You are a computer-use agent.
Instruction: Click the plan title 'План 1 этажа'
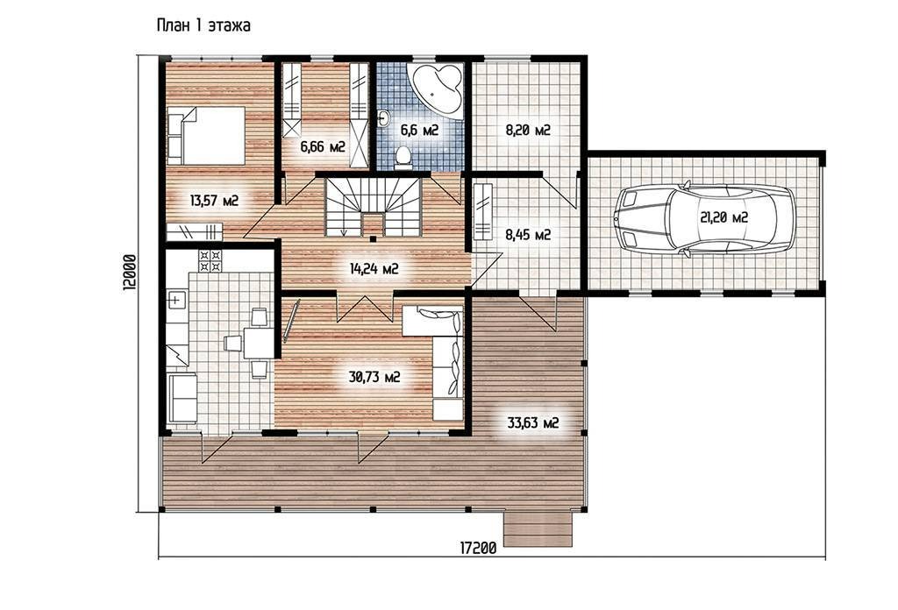[x=203, y=25]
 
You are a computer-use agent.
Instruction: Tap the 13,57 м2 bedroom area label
[x=214, y=201]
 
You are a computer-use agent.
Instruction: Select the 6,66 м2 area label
[x=323, y=147]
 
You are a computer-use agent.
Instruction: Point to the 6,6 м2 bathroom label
[x=419, y=131]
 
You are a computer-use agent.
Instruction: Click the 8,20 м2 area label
[x=527, y=130]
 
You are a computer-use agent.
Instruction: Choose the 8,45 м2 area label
[x=528, y=235]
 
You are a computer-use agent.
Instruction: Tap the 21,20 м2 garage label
[x=723, y=217]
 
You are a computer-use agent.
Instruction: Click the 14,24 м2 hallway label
[x=374, y=268]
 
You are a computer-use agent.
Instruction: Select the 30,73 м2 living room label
[x=374, y=377]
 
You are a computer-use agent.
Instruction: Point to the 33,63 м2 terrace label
[x=532, y=423]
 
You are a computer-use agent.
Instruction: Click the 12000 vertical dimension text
[x=130, y=273]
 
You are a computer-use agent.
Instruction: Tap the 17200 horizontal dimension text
[x=478, y=548]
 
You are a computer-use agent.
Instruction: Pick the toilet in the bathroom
[x=403, y=157]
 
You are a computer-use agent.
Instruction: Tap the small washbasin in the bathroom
[x=384, y=117]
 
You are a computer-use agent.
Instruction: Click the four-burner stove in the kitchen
[x=210, y=261]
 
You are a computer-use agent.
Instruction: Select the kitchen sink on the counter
[x=177, y=299]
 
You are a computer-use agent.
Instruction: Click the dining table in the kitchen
[x=259, y=342]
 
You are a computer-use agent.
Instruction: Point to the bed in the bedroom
[x=206, y=136]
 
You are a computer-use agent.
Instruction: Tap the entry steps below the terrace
[x=538, y=529]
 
